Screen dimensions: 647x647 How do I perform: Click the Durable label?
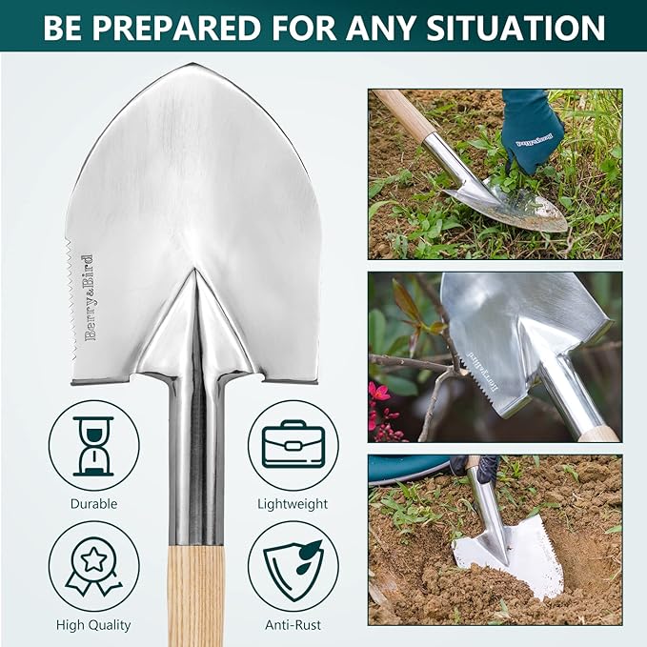93,504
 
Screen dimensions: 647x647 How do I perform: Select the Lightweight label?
293,504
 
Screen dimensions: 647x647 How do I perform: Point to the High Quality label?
93,625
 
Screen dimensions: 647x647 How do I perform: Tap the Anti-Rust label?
293,625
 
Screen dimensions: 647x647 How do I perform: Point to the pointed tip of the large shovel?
194,69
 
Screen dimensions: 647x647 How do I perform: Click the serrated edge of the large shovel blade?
75,286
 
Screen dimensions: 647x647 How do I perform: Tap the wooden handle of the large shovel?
195,591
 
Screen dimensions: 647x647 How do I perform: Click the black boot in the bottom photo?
476,466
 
